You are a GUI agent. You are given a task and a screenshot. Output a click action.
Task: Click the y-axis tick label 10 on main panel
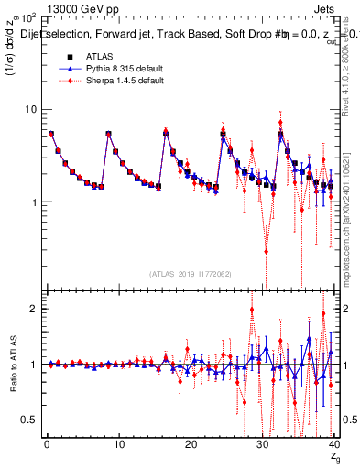[30, 110]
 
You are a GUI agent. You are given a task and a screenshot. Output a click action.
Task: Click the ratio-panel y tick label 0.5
[29, 420]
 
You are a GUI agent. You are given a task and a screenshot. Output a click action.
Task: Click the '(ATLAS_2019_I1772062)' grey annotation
[191, 274]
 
